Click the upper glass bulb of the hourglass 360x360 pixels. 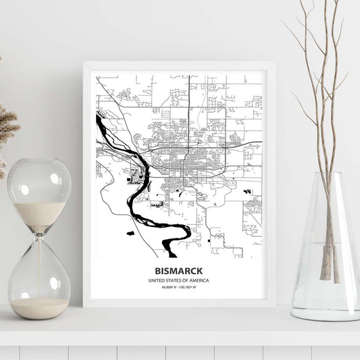click(x=39, y=191)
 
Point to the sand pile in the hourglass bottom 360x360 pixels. click(x=38, y=308)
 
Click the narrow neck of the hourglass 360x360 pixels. click(x=38, y=231)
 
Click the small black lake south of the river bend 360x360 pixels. click(x=130, y=233)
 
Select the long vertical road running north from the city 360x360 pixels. click(x=188, y=108)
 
